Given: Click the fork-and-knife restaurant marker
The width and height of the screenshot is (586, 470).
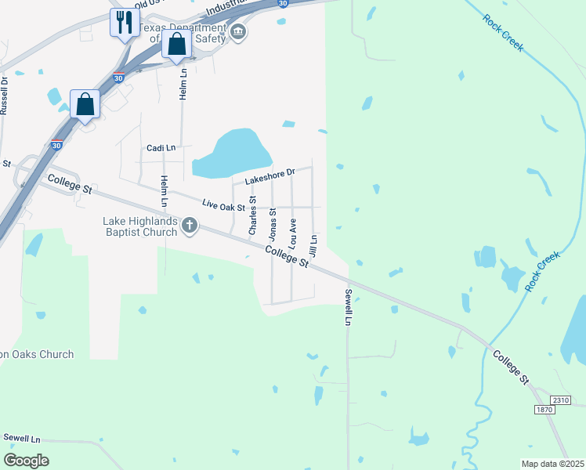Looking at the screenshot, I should coord(124,23).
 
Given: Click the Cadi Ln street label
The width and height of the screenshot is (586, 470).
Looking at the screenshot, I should coord(161,147).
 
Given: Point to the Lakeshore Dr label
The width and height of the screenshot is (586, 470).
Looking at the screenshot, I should coord(269,176).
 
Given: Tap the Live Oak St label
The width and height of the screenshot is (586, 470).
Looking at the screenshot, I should coord(223,204).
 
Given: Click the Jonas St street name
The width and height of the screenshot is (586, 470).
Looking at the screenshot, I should coord(273,223).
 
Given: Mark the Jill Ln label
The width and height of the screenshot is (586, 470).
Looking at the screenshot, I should coord(313,247).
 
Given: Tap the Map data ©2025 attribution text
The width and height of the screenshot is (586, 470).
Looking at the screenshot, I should coord(553,464).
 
